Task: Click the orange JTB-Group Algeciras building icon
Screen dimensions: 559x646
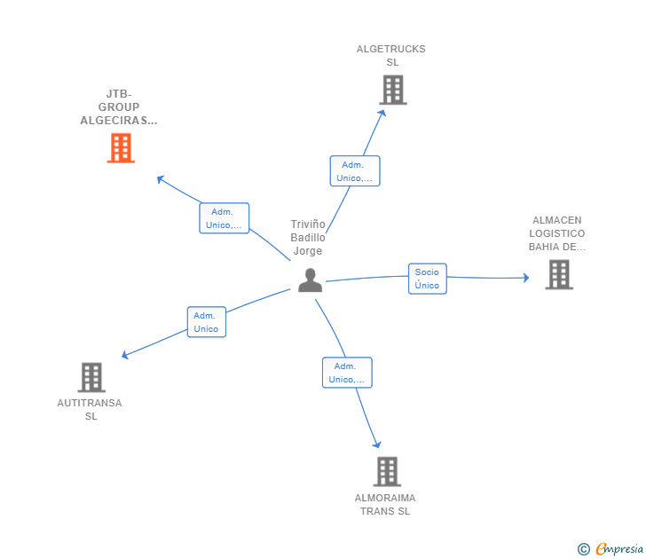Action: click(121, 148)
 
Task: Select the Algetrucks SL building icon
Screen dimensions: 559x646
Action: click(392, 90)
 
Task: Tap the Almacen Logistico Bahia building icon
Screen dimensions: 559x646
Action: click(558, 274)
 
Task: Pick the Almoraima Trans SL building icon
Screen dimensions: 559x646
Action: click(387, 471)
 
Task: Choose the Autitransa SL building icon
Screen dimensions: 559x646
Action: click(91, 377)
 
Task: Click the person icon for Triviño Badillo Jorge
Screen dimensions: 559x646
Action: click(310, 279)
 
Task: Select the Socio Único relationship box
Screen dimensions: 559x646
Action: click(427, 279)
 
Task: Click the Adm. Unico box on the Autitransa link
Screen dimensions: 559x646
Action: click(206, 322)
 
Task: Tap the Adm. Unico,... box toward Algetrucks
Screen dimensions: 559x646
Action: click(355, 171)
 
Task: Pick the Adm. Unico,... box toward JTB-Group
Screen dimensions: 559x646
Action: click(224, 218)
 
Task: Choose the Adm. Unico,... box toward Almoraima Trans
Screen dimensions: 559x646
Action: click(347, 373)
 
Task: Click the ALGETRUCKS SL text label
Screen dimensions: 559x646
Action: click(391, 56)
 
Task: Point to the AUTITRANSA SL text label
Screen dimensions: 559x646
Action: click(90, 409)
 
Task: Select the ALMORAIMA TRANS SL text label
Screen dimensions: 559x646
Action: click(385, 504)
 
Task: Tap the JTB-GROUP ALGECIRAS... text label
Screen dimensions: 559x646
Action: click(119, 107)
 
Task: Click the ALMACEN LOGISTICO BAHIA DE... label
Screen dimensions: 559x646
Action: click(557, 233)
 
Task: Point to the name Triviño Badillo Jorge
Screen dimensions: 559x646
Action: click(308, 238)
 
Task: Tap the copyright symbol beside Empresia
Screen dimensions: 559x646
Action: click(583, 549)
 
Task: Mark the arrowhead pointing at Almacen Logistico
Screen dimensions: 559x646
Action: click(525, 278)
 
